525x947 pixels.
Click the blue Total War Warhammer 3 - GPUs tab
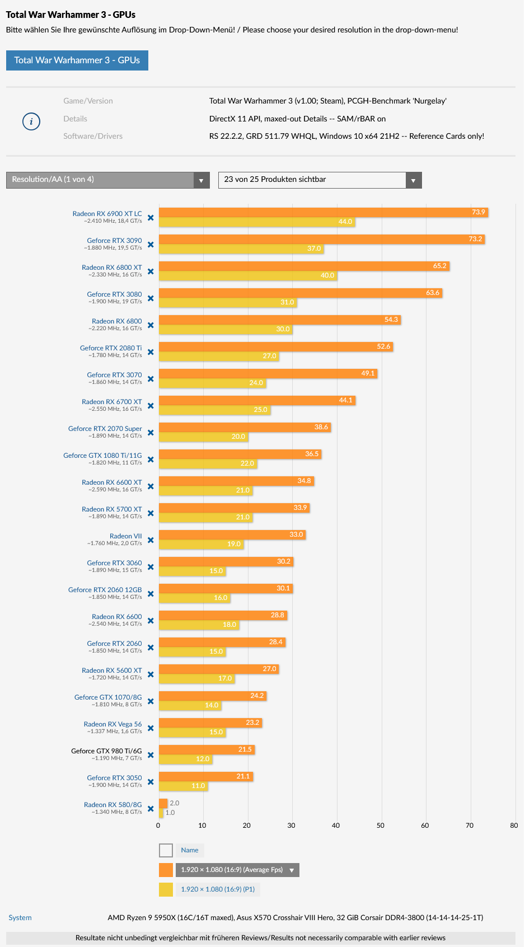pyautogui.click(x=77, y=60)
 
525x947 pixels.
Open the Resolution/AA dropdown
pyautogui.click(x=107, y=180)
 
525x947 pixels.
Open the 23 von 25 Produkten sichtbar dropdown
pyautogui.click(x=320, y=180)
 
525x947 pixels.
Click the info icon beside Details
pyautogui.click(x=31, y=121)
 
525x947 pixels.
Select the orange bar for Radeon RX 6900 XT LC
pyautogui.click(x=323, y=212)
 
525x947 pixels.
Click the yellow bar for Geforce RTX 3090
pyautogui.click(x=241, y=249)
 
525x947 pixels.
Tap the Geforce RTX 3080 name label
pyautogui.click(x=114, y=294)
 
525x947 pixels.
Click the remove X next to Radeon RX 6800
pyautogui.click(x=151, y=325)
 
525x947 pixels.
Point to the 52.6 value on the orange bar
pyautogui.click(x=383, y=346)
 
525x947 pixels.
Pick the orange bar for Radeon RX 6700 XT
pyautogui.click(x=257, y=400)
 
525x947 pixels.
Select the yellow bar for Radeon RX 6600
pyautogui.click(x=199, y=625)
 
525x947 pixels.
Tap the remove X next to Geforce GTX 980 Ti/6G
pyautogui.click(x=151, y=755)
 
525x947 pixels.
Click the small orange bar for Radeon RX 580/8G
pyautogui.click(x=163, y=803)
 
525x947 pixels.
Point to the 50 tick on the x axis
pyautogui.click(x=381, y=825)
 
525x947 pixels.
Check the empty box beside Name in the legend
pyautogui.click(x=166, y=850)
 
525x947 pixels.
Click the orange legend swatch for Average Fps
pyautogui.click(x=166, y=870)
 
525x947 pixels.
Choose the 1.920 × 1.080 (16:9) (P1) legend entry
pyautogui.click(x=218, y=889)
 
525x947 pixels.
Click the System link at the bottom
pyautogui.click(x=20, y=917)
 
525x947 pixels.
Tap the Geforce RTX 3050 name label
pyautogui.click(x=114, y=778)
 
